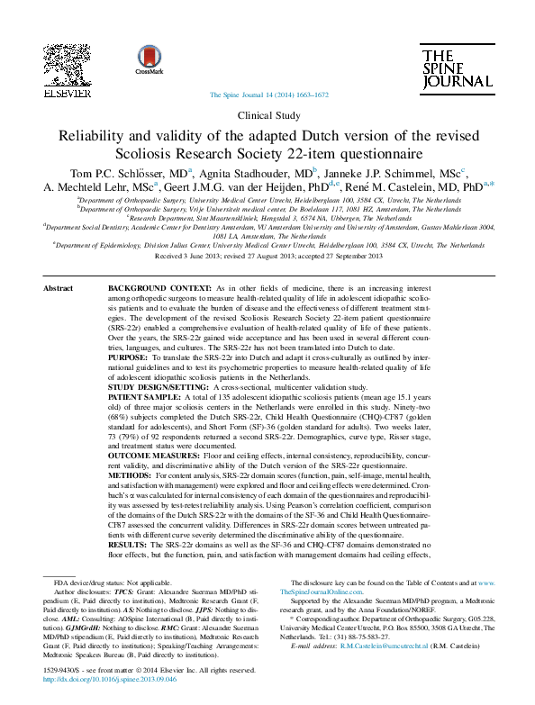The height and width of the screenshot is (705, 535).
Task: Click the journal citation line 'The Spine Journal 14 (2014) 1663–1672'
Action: (267, 95)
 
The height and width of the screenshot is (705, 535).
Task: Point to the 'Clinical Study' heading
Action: (267, 115)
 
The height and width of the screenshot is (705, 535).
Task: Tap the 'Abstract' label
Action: (59, 287)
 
